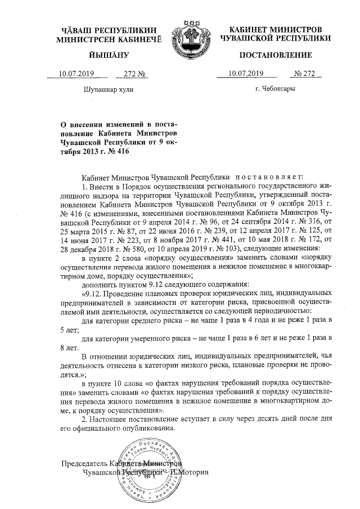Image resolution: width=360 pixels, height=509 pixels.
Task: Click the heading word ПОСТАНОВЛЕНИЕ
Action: (276, 55)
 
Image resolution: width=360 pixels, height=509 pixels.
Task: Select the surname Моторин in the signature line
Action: (194, 472)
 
